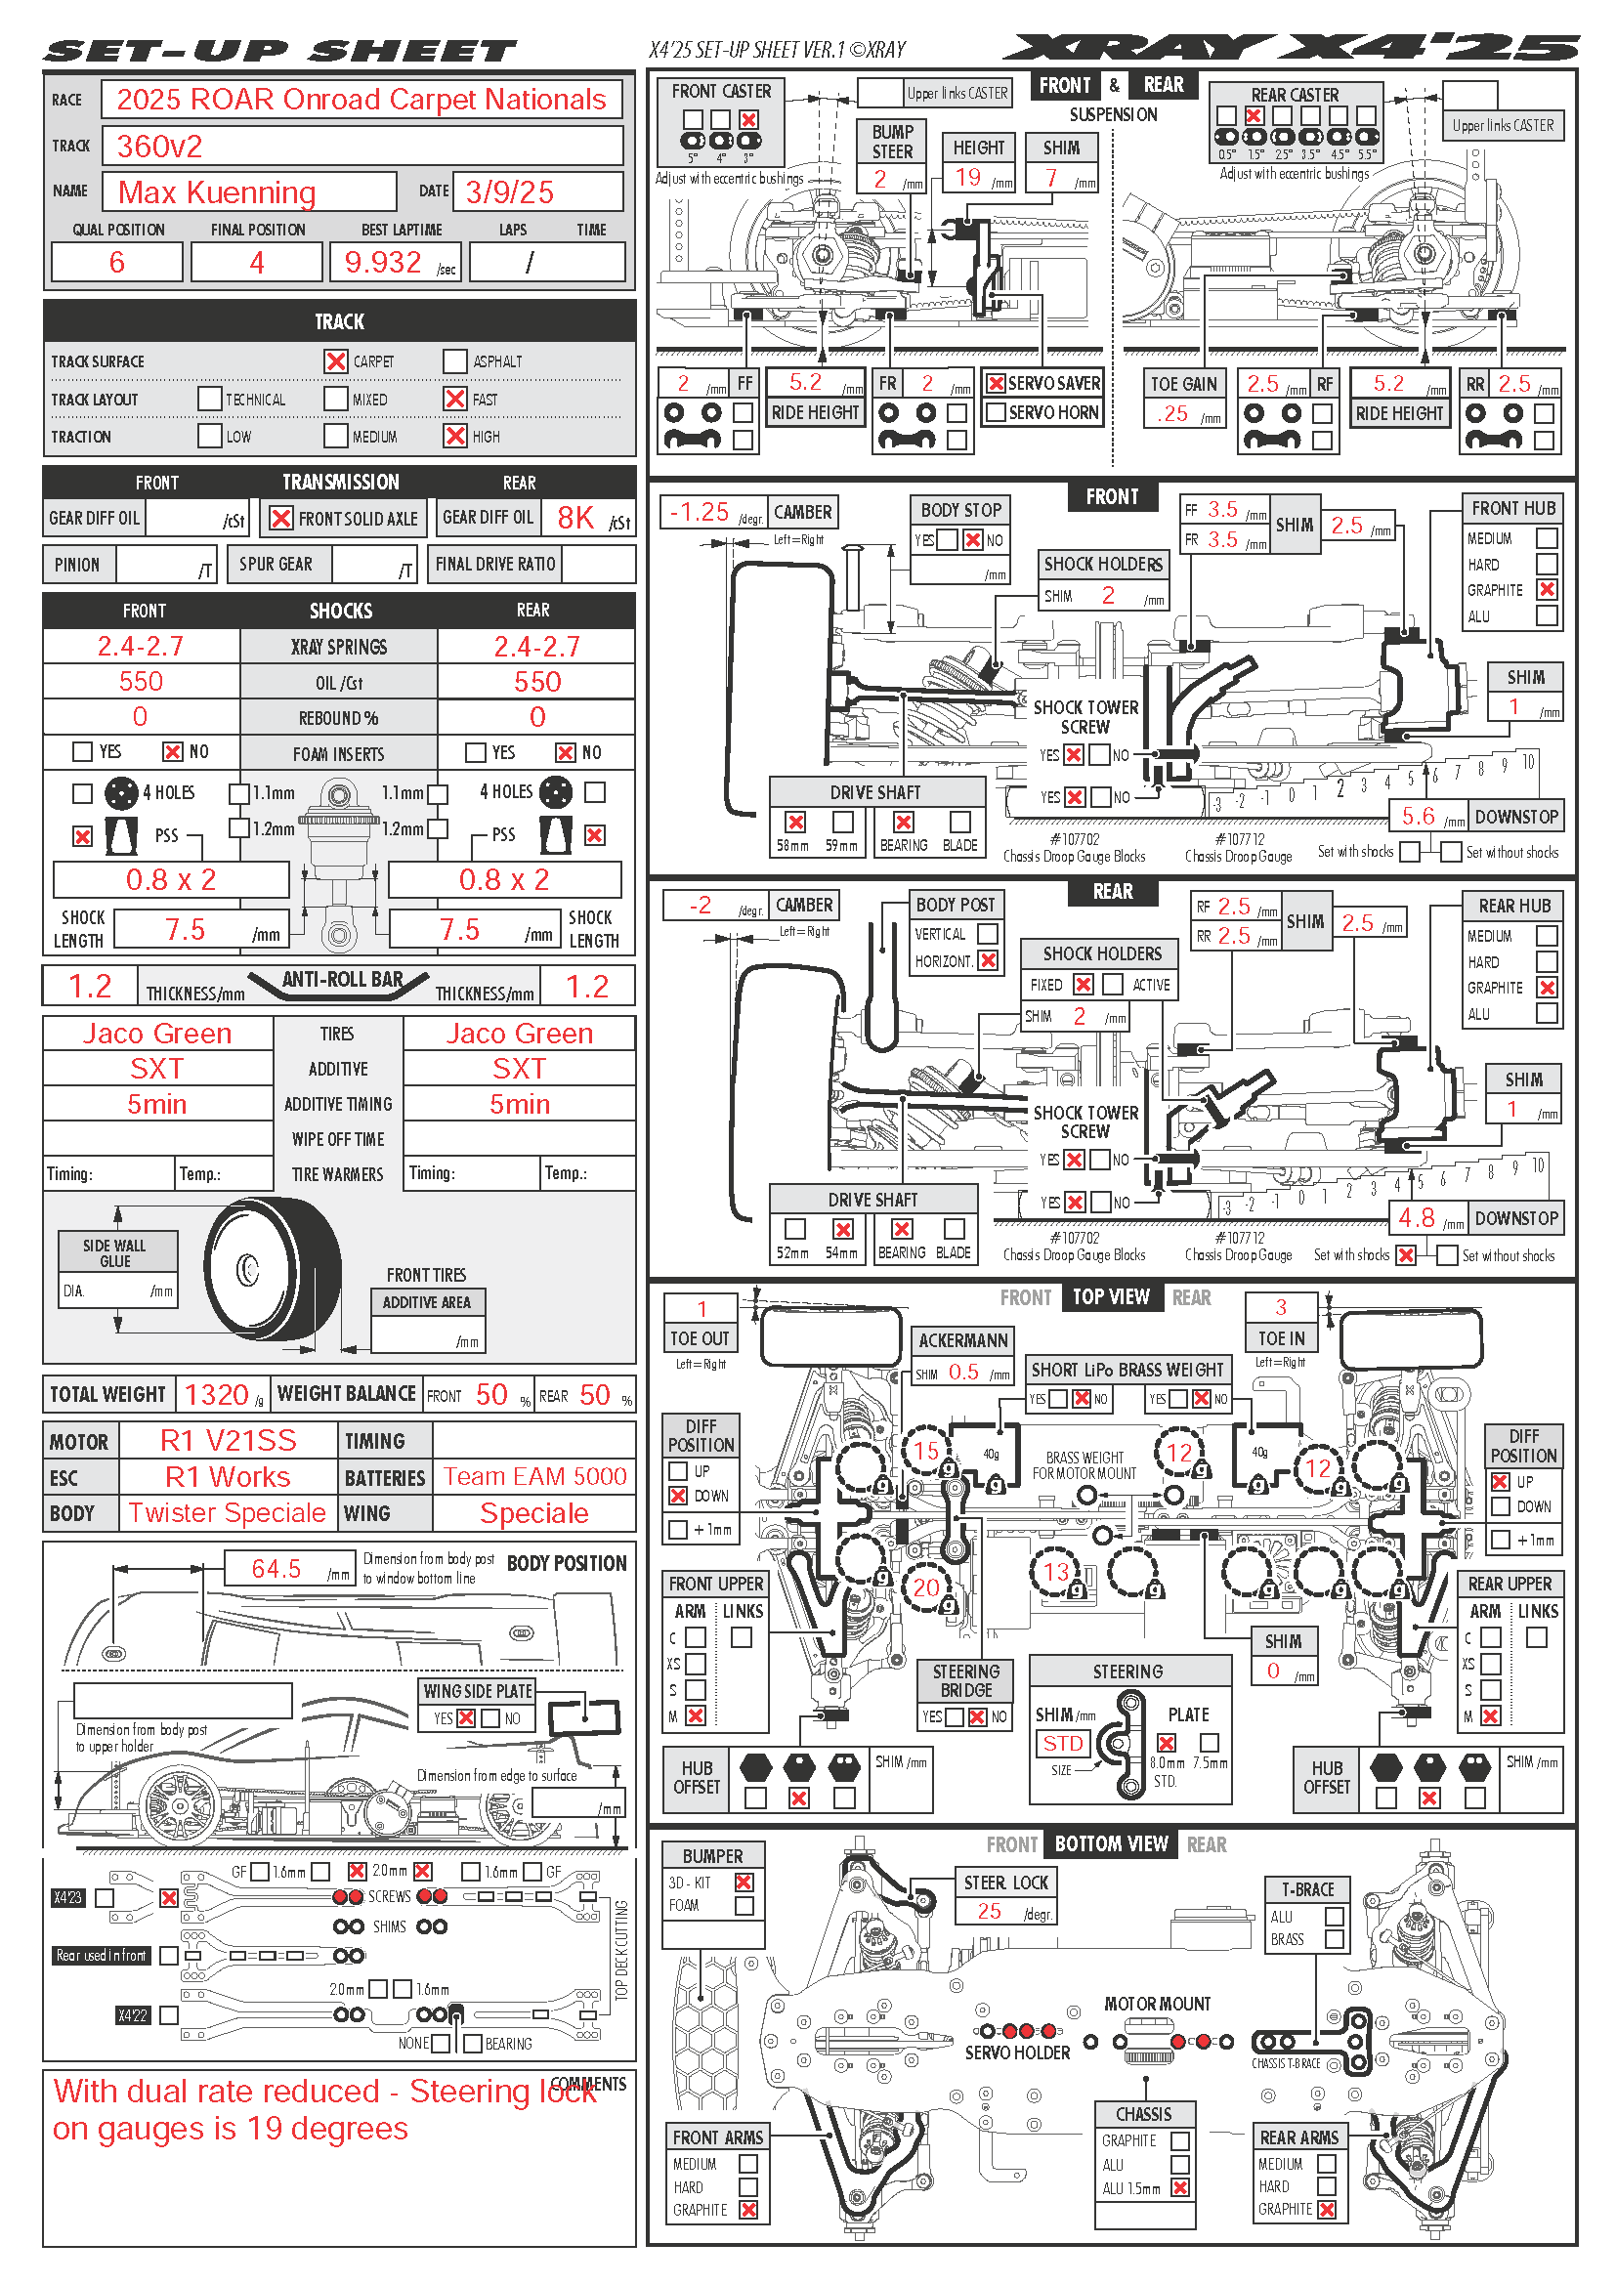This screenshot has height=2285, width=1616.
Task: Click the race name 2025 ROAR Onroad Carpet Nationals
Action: pos(361,100)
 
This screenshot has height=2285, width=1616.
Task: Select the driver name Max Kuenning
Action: pos(217,192)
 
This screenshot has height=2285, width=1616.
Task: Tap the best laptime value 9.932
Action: pos(383,263)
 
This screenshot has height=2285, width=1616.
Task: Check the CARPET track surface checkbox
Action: pos(336,361)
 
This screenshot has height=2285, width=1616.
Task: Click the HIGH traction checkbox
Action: pos(454,436)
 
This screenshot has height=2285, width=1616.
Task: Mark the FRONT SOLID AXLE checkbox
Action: pos(281,519)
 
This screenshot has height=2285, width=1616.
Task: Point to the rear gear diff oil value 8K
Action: pos(575,519)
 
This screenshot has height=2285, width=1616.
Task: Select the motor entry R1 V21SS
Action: pos(228,1440)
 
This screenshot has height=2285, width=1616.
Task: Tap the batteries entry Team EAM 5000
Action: pos(534,1477)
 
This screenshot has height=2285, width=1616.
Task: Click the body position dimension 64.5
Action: pos(276,1570)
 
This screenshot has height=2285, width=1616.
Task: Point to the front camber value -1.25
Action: pos(700,513)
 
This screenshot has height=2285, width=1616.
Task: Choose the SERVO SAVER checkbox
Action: pos(995,383)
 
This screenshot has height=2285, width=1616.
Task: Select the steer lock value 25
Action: pos(989,1911)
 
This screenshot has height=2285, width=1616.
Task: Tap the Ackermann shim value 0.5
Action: pos(963,1373)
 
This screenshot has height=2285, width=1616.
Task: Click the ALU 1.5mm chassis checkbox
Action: pos(1180,2187)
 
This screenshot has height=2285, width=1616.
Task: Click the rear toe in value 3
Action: pos(1281,1308)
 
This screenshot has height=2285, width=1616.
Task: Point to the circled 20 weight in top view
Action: pos(925,1587)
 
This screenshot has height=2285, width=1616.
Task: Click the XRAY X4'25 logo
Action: pos(1291,48)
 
